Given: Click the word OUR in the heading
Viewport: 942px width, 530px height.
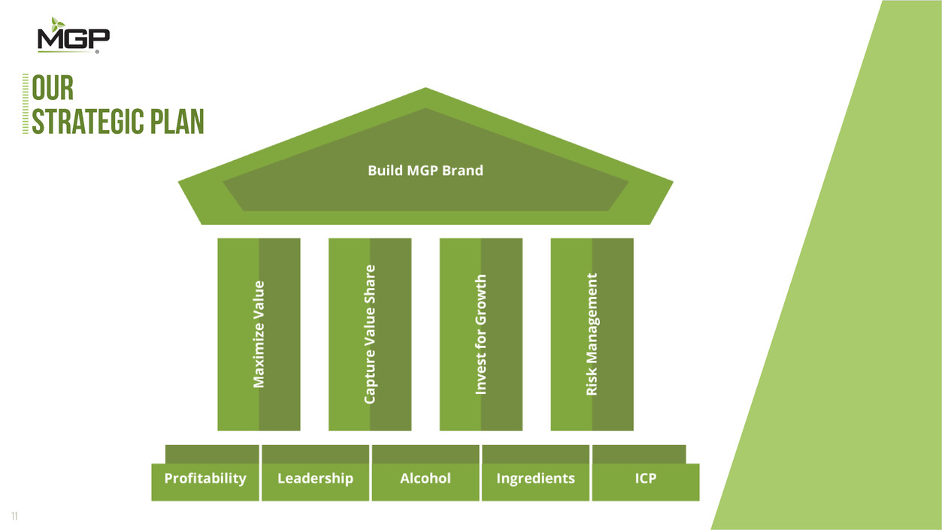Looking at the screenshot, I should pos(53,88).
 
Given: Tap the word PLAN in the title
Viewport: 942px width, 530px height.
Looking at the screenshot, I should pos(177,122).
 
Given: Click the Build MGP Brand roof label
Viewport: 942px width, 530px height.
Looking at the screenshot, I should pos(426,170).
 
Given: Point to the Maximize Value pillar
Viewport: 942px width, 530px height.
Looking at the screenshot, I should pos(259,334).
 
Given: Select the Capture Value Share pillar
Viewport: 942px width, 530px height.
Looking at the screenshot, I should pos(370,334).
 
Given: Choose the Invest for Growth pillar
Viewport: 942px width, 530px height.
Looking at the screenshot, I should pos(481,334).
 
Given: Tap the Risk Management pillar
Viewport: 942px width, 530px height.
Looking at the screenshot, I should pos(592,334).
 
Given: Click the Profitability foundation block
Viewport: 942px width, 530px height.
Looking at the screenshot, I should pos(205,479).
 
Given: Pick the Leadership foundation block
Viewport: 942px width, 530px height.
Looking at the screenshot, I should pos(315,479).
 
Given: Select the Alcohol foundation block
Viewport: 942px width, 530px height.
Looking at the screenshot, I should pos(426,479).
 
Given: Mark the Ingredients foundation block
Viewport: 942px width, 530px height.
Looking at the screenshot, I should pos(535,479).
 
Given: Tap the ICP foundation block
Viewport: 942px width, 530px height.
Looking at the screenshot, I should pos(645,479).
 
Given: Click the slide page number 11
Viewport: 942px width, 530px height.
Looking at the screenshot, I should pos(14,516).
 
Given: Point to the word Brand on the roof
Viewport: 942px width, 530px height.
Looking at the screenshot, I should pos(463,170).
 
